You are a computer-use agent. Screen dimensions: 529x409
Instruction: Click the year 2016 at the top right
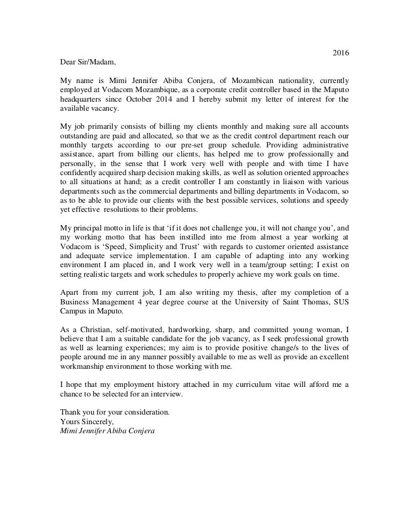pyautogui.click(x=340, y=53)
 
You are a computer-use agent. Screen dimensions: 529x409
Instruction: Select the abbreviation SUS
pyautogui.click(x=339, y=303)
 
